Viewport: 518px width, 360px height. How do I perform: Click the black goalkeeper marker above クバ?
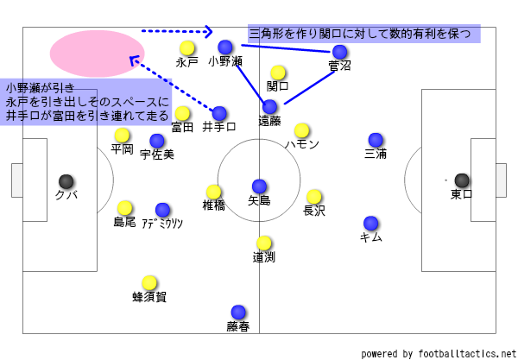(66, 181)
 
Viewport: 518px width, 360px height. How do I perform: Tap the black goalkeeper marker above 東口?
(462, 180)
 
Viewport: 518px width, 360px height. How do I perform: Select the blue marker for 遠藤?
(270, 107)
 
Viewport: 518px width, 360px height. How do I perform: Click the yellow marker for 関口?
(278, 73)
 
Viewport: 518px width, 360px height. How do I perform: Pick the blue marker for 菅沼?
(340, 52)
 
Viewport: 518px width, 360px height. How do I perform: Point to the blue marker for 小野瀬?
(225, 47)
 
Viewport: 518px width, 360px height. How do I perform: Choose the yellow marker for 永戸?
(186, 48)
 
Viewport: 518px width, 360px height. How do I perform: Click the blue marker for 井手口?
(219, 113)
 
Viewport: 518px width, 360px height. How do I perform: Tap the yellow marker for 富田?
(182, 113)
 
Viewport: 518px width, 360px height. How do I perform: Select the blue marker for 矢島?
(259, 186)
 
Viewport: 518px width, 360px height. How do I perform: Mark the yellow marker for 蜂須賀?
(149, 282)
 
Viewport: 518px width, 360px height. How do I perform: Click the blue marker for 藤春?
(238, 313)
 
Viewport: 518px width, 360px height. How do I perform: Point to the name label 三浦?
(376, 155)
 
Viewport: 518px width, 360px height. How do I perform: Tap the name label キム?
(370, 237)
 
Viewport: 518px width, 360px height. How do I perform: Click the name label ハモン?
(302, 144)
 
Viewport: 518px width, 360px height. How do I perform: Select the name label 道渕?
(264, 257)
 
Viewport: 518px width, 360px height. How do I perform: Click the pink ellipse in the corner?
(97, 52)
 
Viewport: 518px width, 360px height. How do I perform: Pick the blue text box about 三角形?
(363, 34)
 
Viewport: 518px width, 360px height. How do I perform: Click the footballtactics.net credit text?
(437, 353)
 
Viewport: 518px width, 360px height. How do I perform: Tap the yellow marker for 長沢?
(314, 197)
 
